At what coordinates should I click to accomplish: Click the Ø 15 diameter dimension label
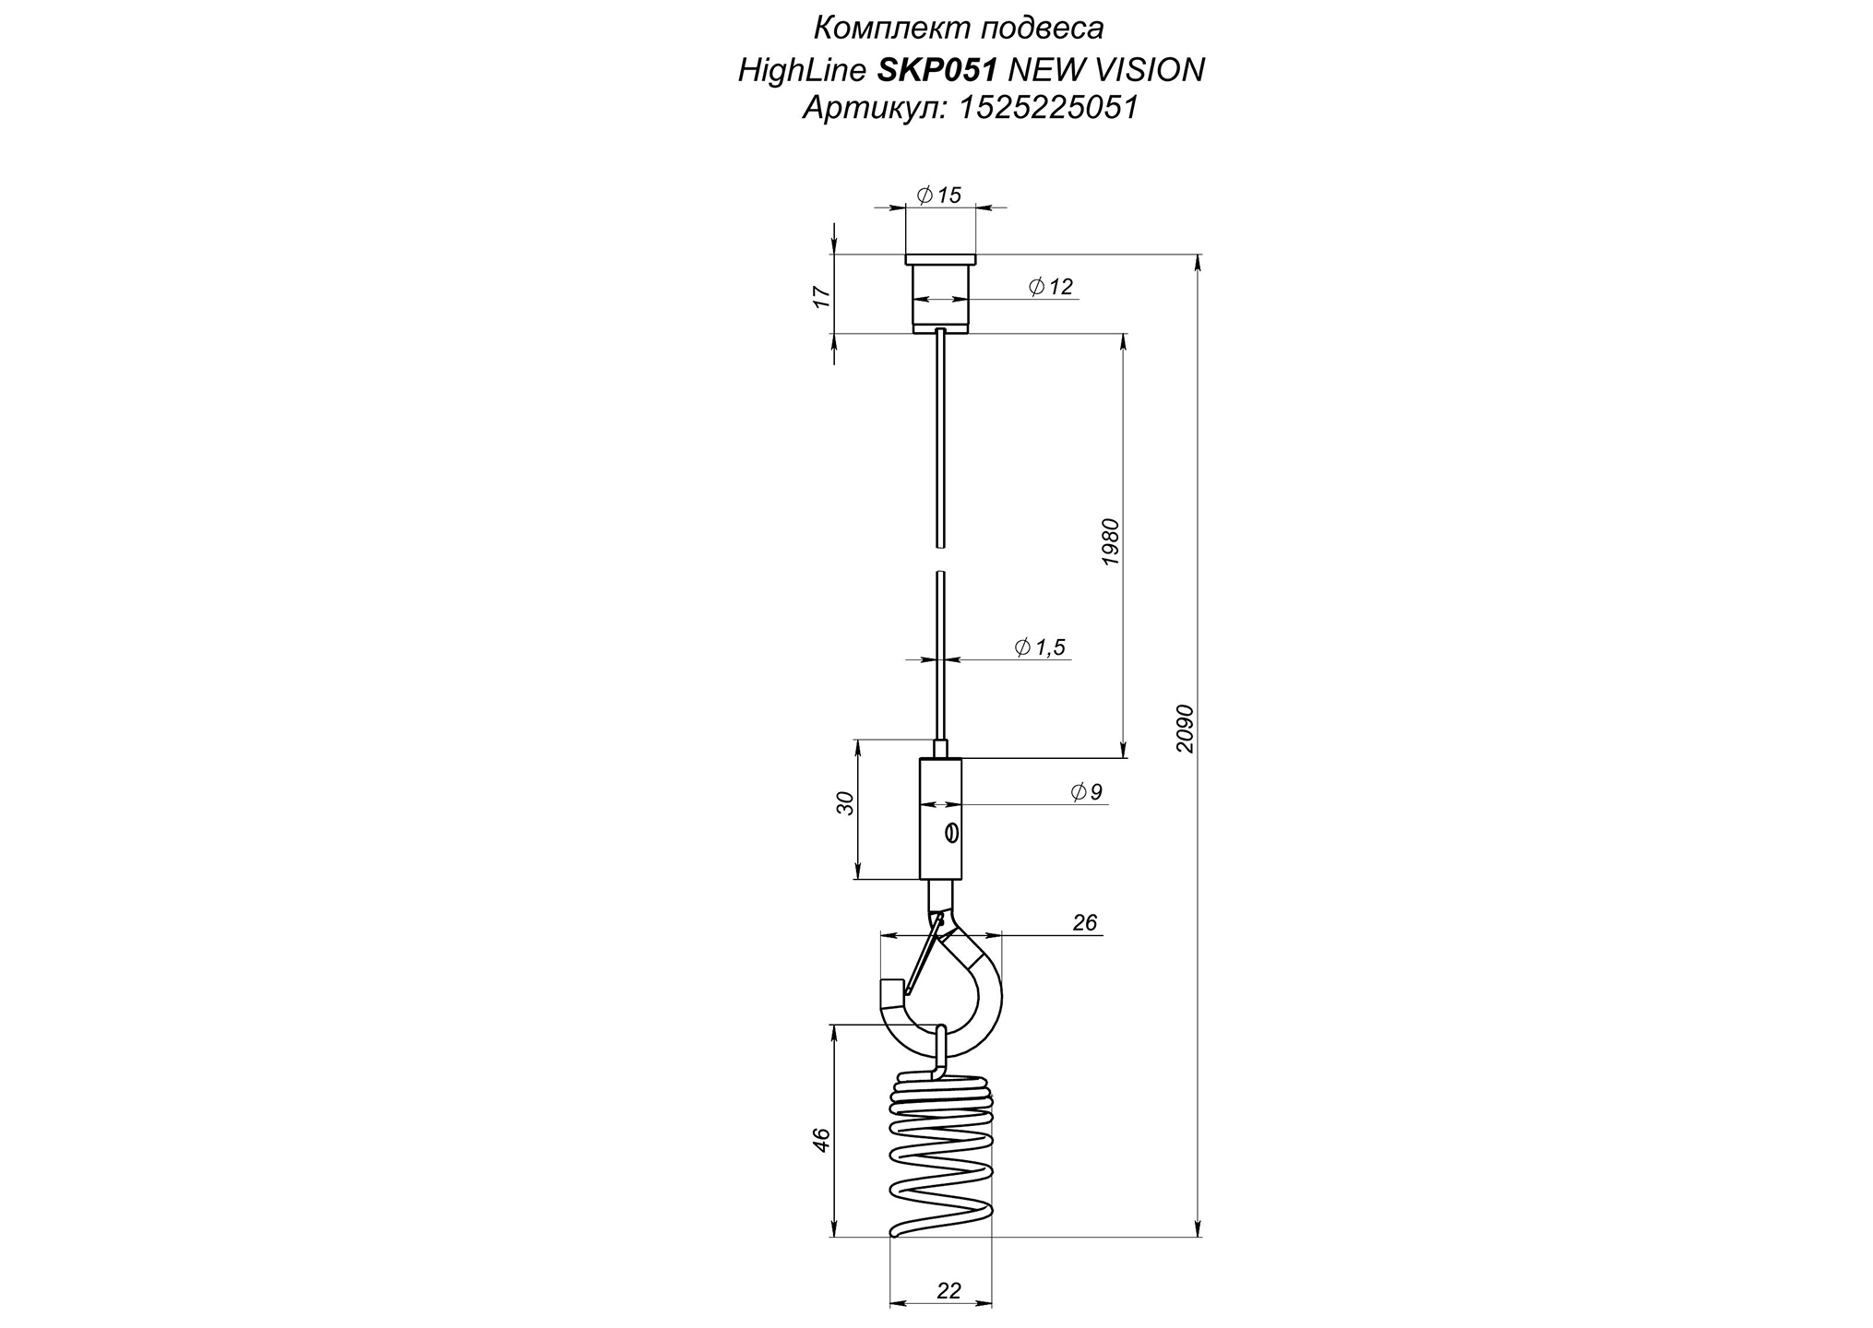tap(938, 195)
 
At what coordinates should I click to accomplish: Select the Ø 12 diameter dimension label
tap(1051, 287)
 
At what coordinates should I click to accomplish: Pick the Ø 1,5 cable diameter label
tap(1040, 647)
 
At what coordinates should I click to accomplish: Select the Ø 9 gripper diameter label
tap(1087, 791)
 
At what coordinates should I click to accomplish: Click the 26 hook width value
tap(1085, 922)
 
